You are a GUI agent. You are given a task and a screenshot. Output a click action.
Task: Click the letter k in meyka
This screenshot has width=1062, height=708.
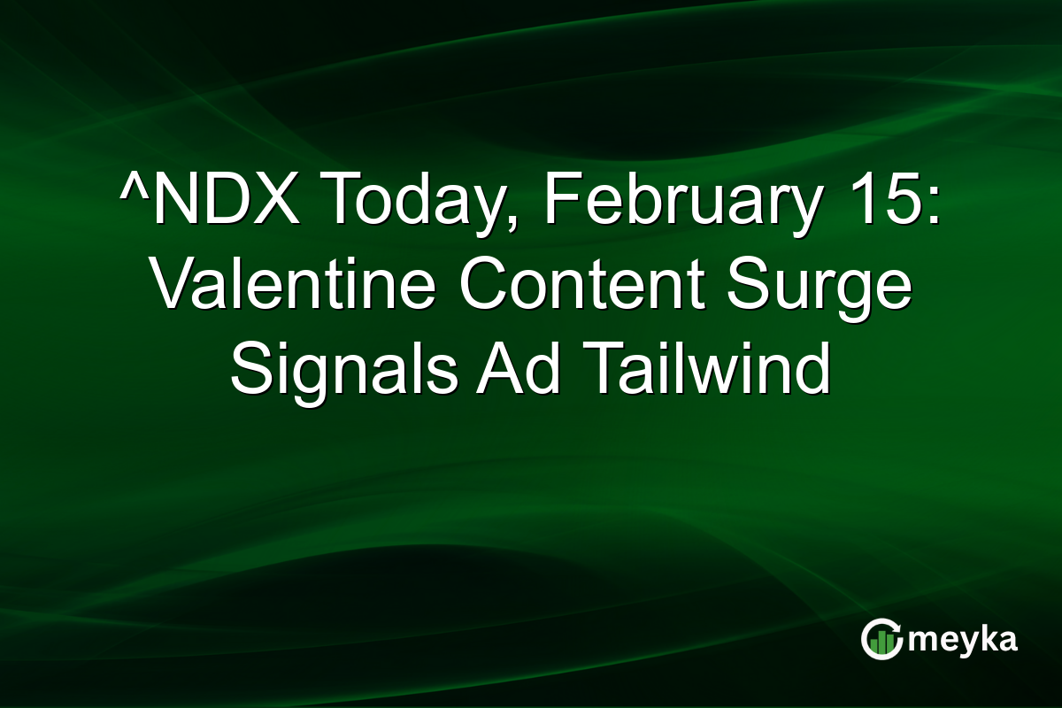pos(982,639)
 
